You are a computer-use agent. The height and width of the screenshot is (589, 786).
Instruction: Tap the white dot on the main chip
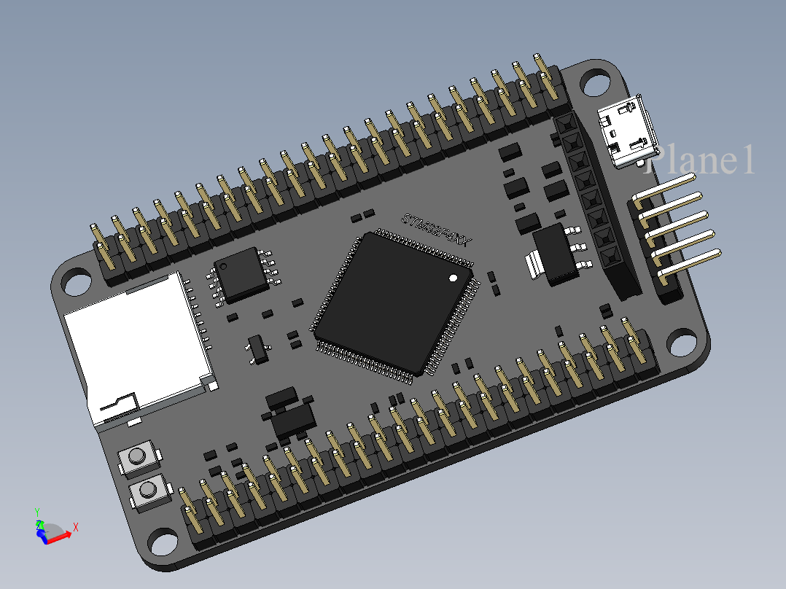point(454,278)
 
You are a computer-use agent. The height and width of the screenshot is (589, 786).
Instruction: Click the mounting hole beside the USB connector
point(596,82)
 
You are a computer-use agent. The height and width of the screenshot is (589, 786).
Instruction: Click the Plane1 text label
point(700,160)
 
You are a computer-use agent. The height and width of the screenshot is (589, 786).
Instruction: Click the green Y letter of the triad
point(36,512)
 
